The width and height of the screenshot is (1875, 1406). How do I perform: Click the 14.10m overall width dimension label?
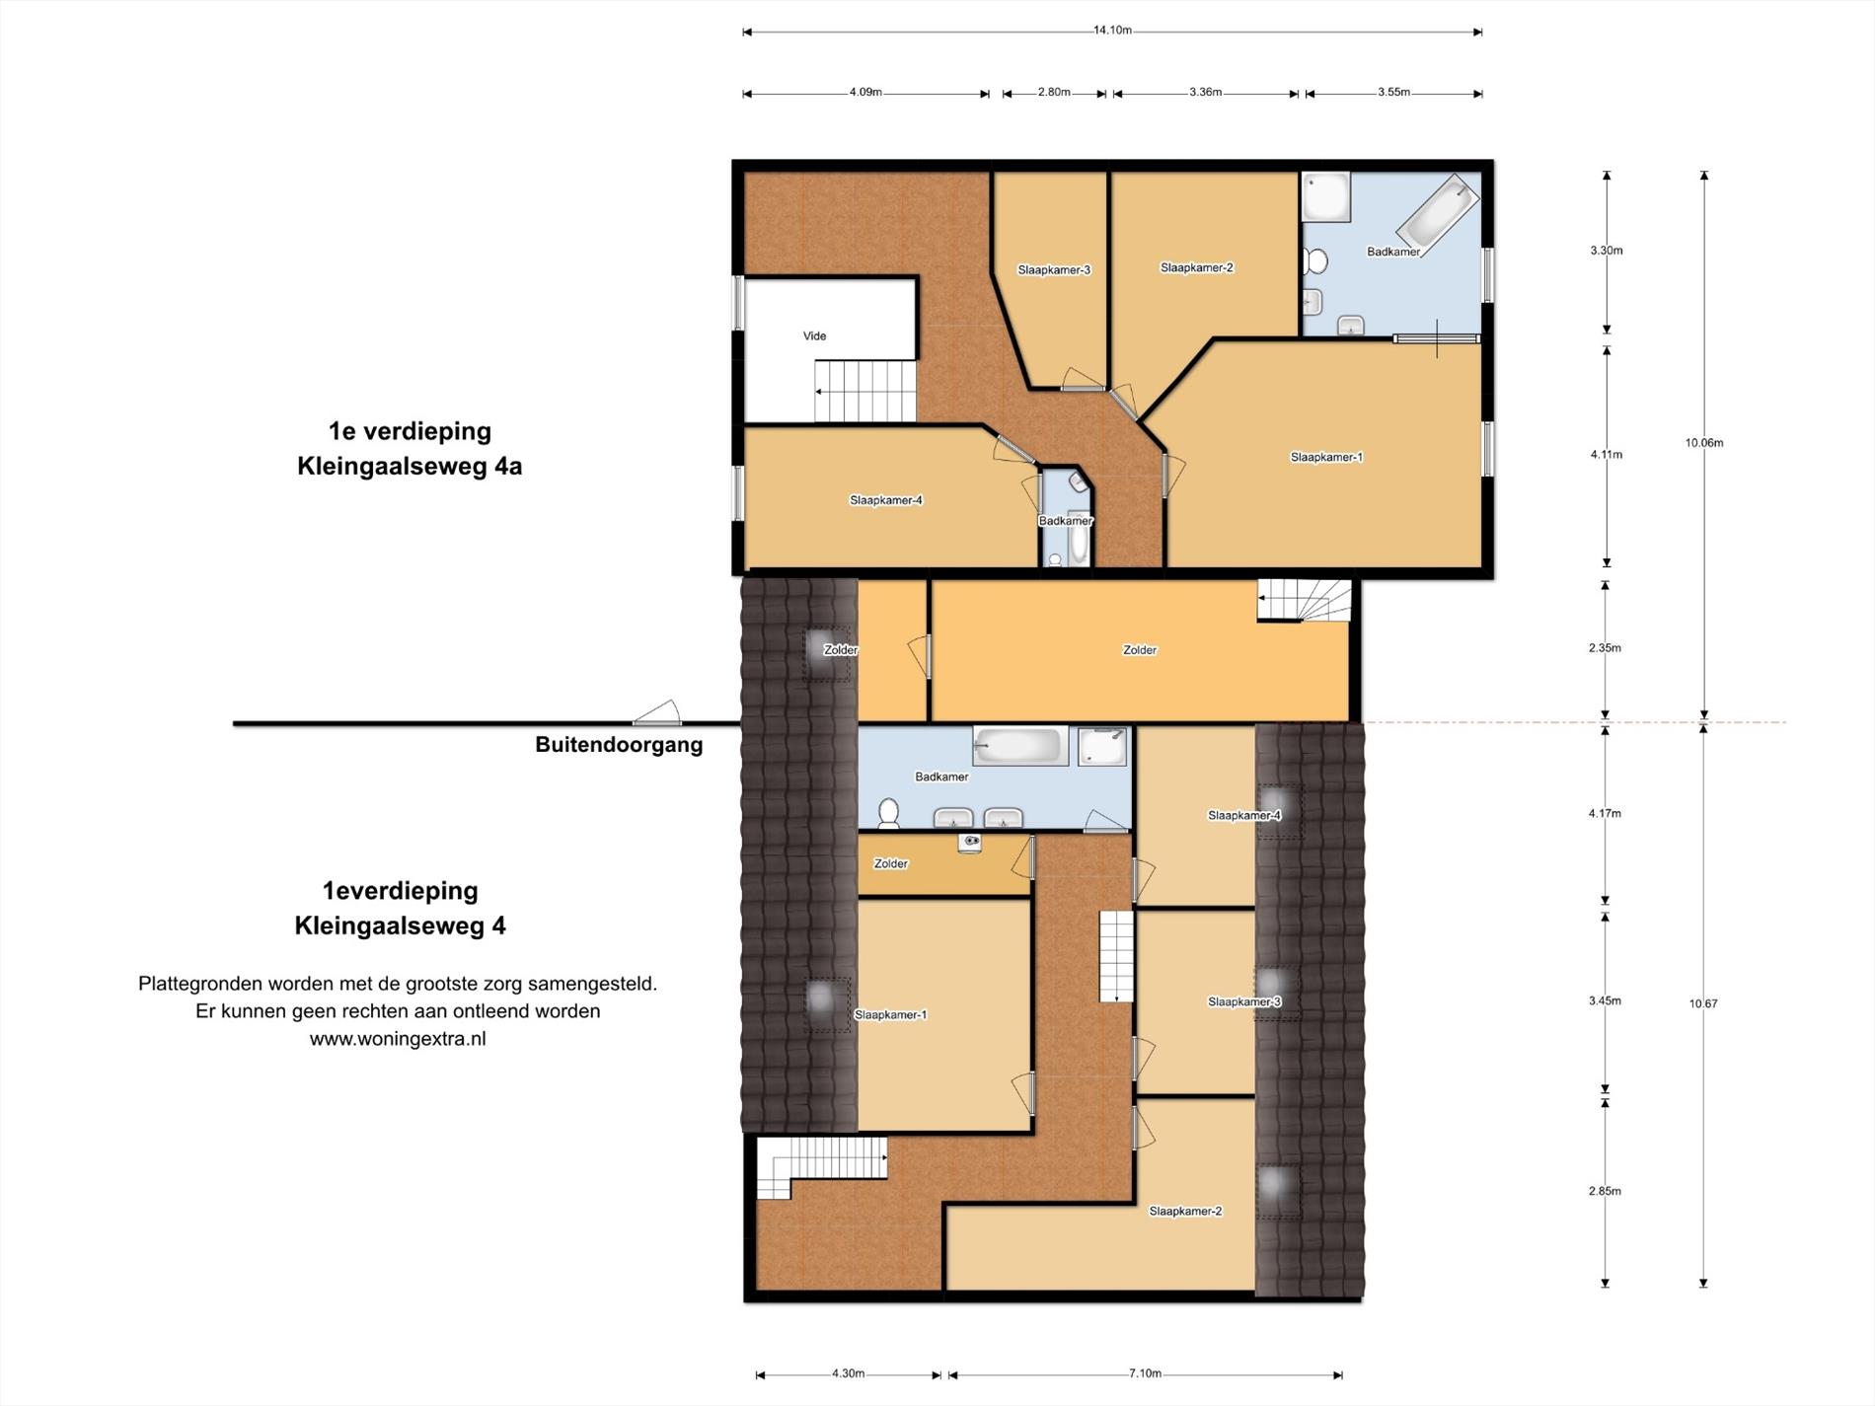[1112, 31]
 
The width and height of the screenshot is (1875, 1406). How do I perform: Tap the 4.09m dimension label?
[865, 93]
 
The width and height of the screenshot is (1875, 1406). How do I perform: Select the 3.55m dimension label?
[1393, 93]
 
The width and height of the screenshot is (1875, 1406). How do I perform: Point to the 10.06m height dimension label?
[1704, 443]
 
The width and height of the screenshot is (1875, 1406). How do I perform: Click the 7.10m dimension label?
[1145, 1373]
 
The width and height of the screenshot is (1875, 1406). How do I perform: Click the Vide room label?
[814, 336]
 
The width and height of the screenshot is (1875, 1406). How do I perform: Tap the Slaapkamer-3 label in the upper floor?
[1054, 270]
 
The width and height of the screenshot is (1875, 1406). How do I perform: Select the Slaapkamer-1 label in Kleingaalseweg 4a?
[1326, 458]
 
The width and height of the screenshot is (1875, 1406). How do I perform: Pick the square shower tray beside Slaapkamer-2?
[1325, 197]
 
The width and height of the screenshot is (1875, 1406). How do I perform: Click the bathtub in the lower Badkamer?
[1020, 747]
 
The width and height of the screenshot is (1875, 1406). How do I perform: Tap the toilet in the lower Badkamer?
[889, 813]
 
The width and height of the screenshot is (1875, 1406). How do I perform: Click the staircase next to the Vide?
[865, 392]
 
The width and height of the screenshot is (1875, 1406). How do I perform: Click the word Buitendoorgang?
[619, 745]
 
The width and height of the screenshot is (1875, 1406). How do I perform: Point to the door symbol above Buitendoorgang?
[657, 712]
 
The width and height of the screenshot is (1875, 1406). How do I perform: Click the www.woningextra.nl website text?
[398, 1039]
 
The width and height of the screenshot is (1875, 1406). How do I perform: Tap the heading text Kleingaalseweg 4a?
[410, 467]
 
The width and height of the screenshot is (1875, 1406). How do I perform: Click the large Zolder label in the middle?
[1140, 650]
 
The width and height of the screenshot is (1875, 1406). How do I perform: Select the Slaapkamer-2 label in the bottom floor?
[1185, 1212]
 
